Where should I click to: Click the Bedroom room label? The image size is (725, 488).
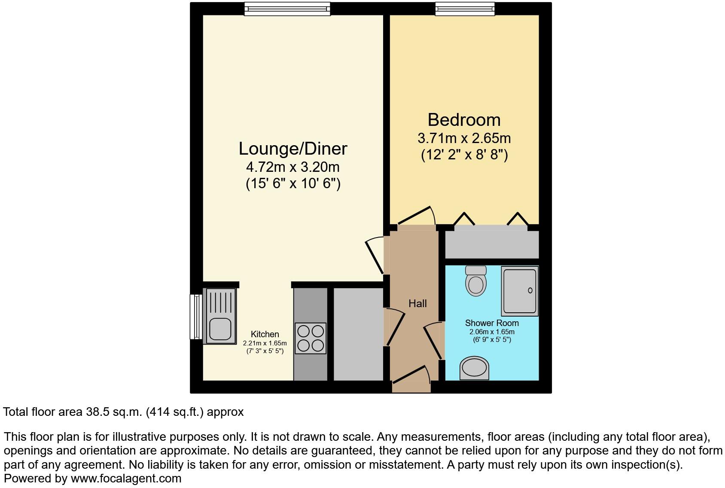click(464, 119)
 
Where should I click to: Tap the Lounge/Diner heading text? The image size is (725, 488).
click(293, 149)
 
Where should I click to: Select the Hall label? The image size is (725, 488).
click(417, 304)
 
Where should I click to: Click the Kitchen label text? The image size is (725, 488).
click(265, 334)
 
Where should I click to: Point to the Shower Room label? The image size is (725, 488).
click(492, 323)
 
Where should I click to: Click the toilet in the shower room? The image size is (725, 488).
click(476, 281)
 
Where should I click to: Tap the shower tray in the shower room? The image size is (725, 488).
click(520, 291)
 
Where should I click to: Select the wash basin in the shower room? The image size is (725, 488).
click(474, 369)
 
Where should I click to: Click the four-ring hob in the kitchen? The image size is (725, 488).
click(311, 338)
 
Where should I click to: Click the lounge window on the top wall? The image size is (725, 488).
click(287, 9)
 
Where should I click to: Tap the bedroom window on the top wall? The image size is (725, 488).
click(464, 9)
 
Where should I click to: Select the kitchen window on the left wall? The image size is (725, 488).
click(196, 317)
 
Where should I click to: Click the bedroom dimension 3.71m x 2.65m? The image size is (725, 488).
click(464, 138)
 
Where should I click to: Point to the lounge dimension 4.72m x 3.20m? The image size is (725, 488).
click(293, 167)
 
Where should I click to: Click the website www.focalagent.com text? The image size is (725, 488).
click(126, 479)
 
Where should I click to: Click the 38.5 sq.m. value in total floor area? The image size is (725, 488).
click(113, 412)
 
